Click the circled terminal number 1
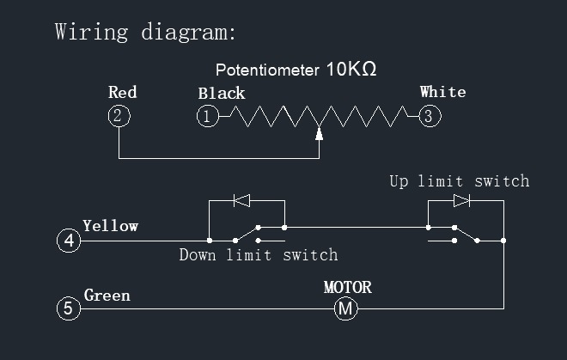tap(207, 116)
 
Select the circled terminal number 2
tap(119, 116)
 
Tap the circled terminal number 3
tap(429, 116)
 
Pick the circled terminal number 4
tap(70, 241)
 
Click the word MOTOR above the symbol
tap(347, 287)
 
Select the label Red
tap(122, 92)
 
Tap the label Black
tap(221, 93)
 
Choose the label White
tap(442, 91)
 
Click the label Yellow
tap(110, 226)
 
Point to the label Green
tap(107, 296)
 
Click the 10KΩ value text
tap(351, 70)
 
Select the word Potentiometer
tap(266, 70)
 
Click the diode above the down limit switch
tap(242, 202)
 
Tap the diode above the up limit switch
tap(462, 200)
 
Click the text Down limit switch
tap(258, 255)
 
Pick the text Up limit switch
tap(459, 181)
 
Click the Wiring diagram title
tap(144, 33)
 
